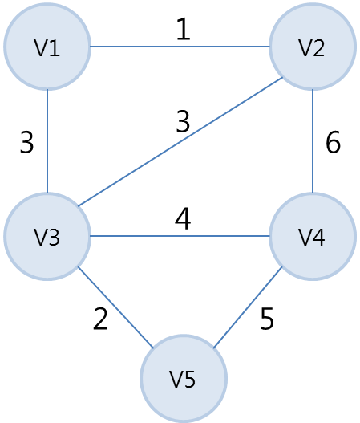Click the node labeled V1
pyautogui.click(x=47, y=47)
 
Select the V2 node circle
pyautogui.click(x=313, y=47)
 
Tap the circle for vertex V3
pyautogui.click(x=47, y=237)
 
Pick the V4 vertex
pyautogui.click(x=313, y=237)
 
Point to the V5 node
pyautogui.click(x=184, y=378)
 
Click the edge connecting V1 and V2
pyautogui.click(x=180, y=47)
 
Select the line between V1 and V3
pyautogui.click(x=47, y=141)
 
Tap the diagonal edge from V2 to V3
pyautogui.click(x=180, y=142)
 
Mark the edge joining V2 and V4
pyautogui.click(x=313, y=141)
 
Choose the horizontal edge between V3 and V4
pyautogui.click(x=180, y=236)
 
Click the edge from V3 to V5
pyautogui.click(x=115, y=307)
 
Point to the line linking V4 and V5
pyautogui.click(x=248, y=307)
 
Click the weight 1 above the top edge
pyautogui.click(x=184, y=29)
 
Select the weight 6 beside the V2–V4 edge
pyautogui.click(x=333, y=142)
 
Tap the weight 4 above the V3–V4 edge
pyautogui.click(x=183, y=219)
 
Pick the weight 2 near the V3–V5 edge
pyautogui.click(x=100, y=319)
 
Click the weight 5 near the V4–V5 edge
pyautogui.click(x=267, y=319)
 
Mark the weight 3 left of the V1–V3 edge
pyautogui.click(x=27, y=142)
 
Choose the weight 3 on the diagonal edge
pyautogui.click(x=183, y=121)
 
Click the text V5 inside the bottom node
pyautogui.click(x=183, y=379)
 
